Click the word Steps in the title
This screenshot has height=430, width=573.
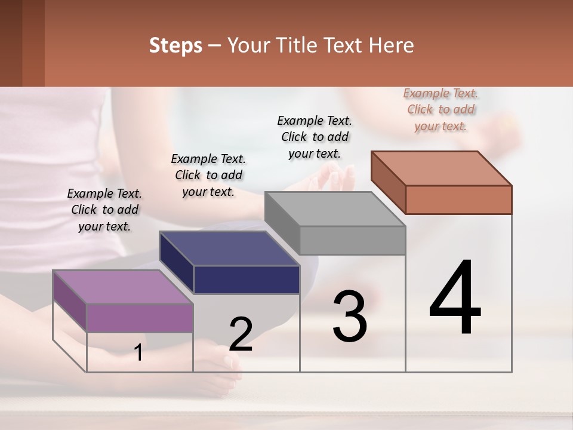coord(175,45)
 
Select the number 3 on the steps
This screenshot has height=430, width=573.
coord(350,317)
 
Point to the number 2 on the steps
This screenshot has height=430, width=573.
coord(241,334)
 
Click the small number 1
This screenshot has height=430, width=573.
coord(138,353)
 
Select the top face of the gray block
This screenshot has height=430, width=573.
coord(334,209)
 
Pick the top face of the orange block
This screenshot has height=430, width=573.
coord(442,168)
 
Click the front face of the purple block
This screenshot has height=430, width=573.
coord(140,318)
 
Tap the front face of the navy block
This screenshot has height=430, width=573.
coord(247,279)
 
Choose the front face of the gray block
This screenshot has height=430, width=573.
coord(352,240)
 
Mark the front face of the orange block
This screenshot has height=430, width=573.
coord(458,199)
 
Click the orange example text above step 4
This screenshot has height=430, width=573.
coord(440,110)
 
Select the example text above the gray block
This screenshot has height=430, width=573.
coord(315,137)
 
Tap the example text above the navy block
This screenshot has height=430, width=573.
coord(208,175)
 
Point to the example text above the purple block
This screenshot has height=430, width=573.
coord(104,210)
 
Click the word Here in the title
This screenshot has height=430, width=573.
coord(392,45)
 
